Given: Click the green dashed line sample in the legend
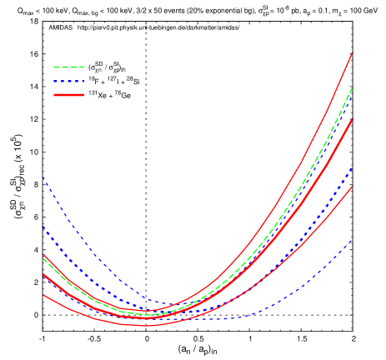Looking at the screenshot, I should pyautogui.click(x=68, y=67).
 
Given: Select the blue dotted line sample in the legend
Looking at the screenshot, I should pyautogui.click(x=68, y=82).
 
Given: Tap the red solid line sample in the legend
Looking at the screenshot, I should pyautogui.click(x=68, y=95).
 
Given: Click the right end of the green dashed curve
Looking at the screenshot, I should pyautogui.click(x=352, y=87).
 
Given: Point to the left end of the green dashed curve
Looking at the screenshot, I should pyautogui.click(x=43, y=258).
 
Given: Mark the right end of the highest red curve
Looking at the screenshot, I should pyautogui.click(x=352, y=52).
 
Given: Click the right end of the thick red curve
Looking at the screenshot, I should pyautogui.click(x=352, y=118).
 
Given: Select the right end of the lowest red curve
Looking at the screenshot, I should pyautogui.click(x=352, y=187).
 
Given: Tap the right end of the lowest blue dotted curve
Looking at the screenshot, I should pyautogui.click(x=352, y=240).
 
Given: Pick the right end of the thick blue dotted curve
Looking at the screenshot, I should pyautogui.click(x=352, y=167).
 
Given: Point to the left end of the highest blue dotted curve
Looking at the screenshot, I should pyautogui.click(x=43, y=177).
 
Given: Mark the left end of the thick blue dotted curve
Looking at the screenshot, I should pyautogui.click(x=43, y=227).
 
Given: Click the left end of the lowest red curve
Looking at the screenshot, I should pyautogui.click(x=43, y=294).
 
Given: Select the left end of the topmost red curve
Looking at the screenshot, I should pyautogui.click(x=43, y=254).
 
